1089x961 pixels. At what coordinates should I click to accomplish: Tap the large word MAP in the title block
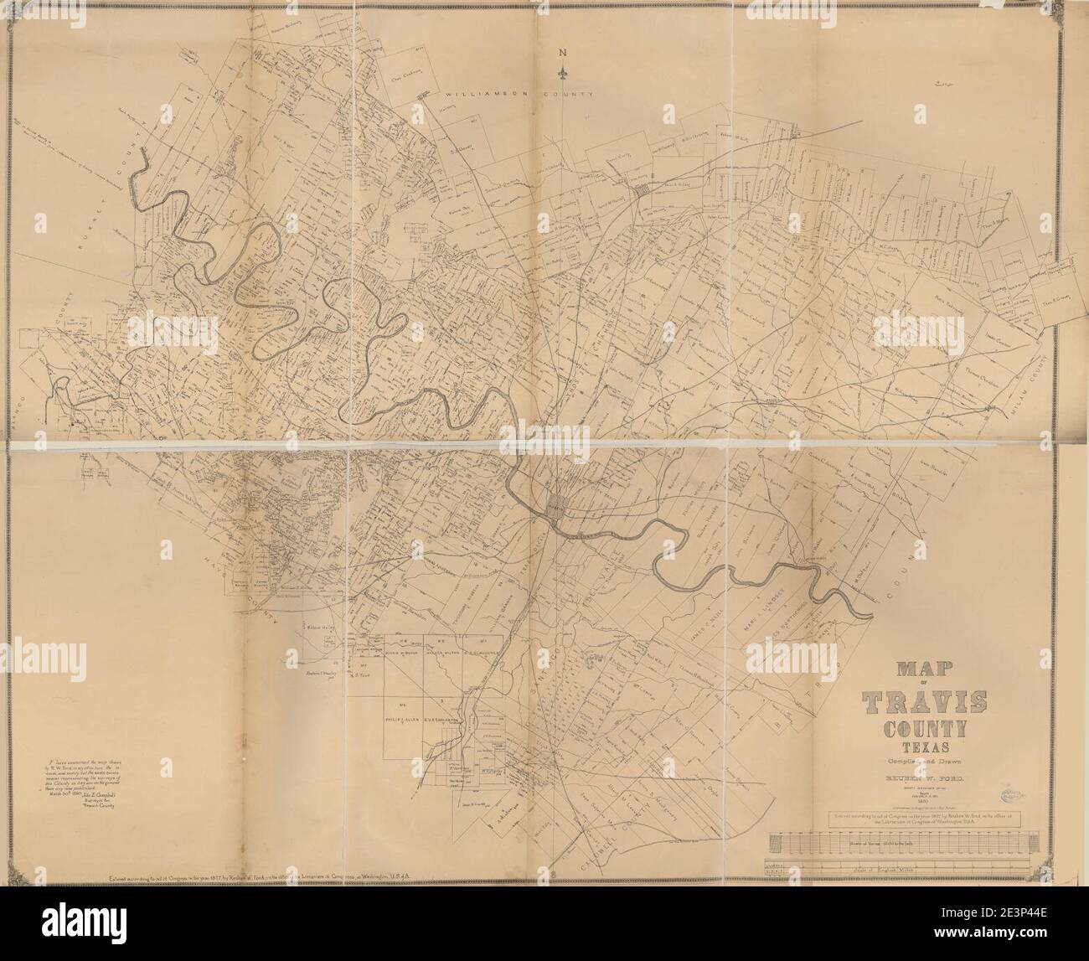pyautogui.click(x=920, y=670)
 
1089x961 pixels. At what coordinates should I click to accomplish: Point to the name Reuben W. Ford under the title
pyautogui.click(x=920, y=778)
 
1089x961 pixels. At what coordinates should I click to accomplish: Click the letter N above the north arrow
pyautogui.click(x=564, y=54)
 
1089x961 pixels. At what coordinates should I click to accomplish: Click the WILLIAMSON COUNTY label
pyautogui.click(x=519, y=95)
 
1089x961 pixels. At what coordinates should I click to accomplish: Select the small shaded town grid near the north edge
pyautogui.click(x=642, y=194)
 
